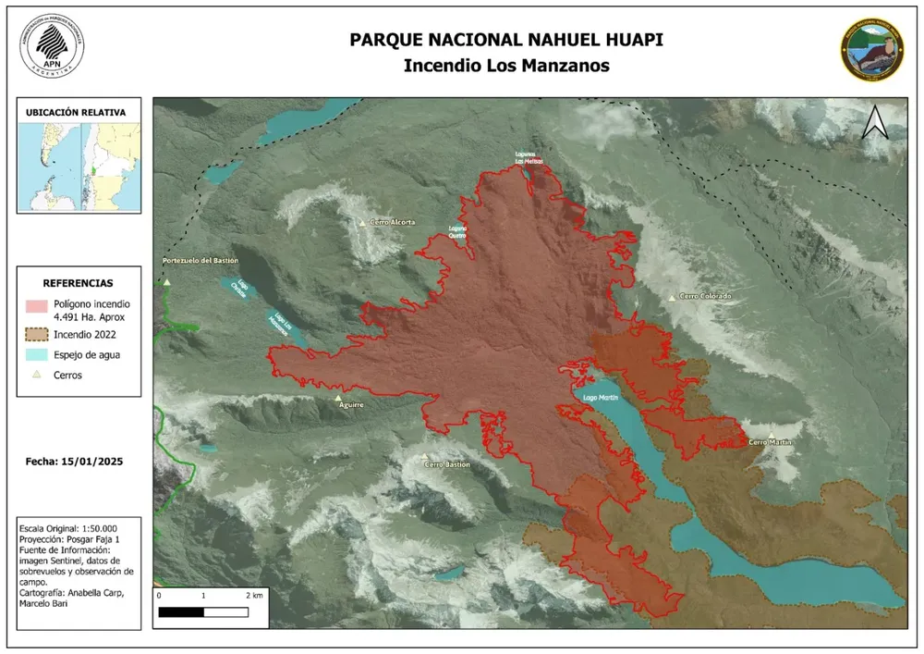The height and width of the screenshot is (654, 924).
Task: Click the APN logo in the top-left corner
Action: [x=52, y=45]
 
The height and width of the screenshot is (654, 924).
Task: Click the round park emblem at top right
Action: [x=871, y=51]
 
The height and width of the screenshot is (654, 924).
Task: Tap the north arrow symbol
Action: [x=874, y=123]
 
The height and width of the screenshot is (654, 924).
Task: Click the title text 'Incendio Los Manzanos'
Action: [x=506, y=66]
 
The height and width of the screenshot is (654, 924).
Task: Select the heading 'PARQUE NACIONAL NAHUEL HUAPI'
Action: [x=506, y=40]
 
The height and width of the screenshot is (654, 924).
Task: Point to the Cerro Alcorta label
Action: [x=393, y=222]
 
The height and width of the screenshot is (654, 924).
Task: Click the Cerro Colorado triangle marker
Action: [x=672, y=297]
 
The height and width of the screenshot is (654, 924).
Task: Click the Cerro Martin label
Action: [x=771, y=442]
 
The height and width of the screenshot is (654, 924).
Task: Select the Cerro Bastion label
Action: [x=447, y=464]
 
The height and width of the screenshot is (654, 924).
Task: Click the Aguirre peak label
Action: [x=351, y=404]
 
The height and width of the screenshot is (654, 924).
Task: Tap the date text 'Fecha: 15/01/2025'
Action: [x=75, y=460]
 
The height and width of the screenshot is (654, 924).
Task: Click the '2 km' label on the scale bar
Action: [x=254, y=595]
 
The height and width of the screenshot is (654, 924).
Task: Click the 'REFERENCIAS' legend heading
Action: [x=79, y=283]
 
